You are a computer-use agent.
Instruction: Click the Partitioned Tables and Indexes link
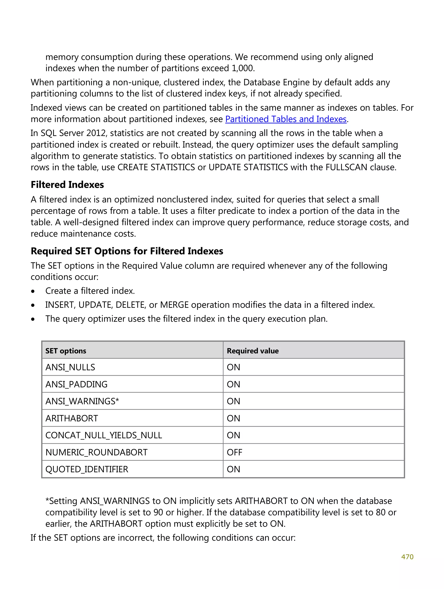pos(286,119)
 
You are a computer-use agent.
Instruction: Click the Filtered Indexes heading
pos(67,184)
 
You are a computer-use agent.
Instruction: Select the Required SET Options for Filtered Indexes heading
pos(127,251)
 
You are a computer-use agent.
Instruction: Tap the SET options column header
pos(66,351)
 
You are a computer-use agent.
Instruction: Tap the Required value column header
pos(253,351)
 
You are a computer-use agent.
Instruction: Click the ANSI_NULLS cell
pos(70,367)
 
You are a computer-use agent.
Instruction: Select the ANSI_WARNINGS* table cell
pos(82,401)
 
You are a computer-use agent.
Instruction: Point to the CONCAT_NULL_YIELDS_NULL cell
pos(104,435)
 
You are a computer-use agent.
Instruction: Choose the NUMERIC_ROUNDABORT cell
pos(96,452)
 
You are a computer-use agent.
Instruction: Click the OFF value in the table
pos(234,452)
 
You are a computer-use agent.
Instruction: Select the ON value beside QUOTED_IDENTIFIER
pos(233,469)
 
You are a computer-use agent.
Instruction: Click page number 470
pos(407,557)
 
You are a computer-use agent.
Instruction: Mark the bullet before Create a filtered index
pos(33,291)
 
